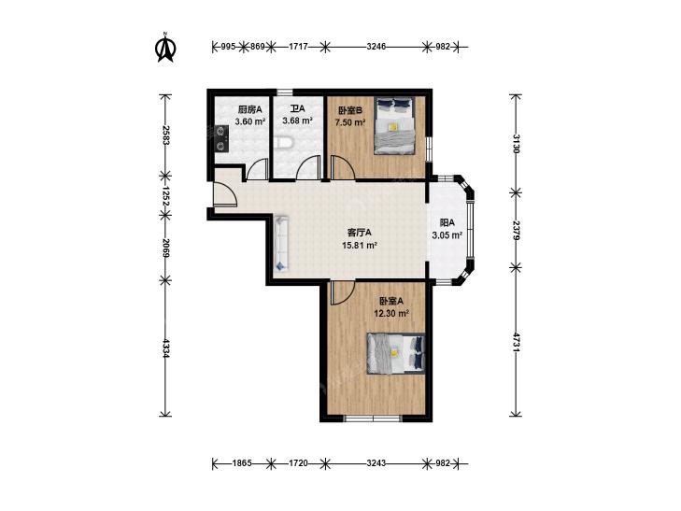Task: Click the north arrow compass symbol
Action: pyautogui.click(x=165, y=47)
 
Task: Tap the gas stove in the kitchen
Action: pyautogui.click(x=221, y=138)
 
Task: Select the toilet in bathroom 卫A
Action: pyautogui.click(x=285, y=142)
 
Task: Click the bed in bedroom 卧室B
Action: pyautogui.click(x=394, y=125)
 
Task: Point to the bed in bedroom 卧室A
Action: pyautogui.click(x=396, y=353)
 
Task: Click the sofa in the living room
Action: pyautogui.click(x=281, y=243)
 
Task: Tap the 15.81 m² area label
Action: pyautogui.click(x=359, y=246)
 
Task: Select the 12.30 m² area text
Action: pyautogui.click(x=391, y=313)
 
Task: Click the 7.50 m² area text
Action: pyautogui.click(x=349, y=122)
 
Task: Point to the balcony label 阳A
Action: pyautogui.click(x=447, y=223)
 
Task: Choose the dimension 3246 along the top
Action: pyautogui.click(x=376, y=47)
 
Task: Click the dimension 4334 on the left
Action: pyautogui.click(x=165, y=348)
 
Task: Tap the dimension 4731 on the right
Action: pyautogui.click(x=516, y=343)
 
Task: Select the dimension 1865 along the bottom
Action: pyautogui.click(x=242, y=463)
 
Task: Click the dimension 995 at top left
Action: pyautogui.click(x=228, y=47)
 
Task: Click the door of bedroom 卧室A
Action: pyautogui.click(x=343, y=293)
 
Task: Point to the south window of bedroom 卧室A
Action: pyautogui.click(x=372, y=419)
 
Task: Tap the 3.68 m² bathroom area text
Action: pyautogui.click(x=297, y=121)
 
